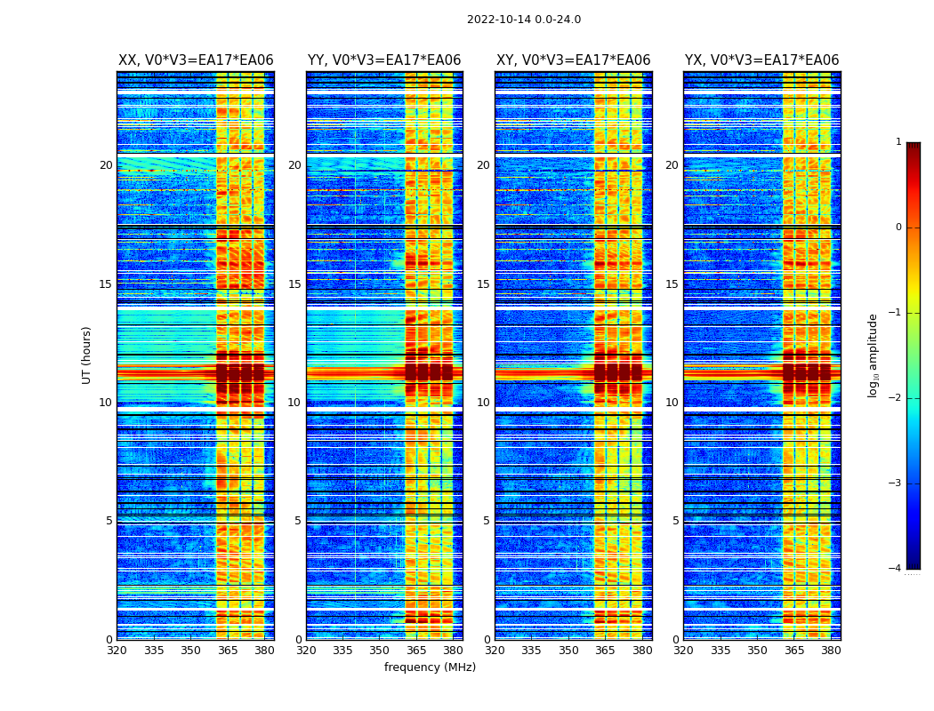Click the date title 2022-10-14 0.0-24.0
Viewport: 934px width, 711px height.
click(x=523, y=20)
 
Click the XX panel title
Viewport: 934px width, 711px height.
click(x=196, y=60)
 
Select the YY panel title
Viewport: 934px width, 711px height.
click(x=384, y=60)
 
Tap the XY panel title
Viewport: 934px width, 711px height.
click(x=573, y=60)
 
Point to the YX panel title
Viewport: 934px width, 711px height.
click(x=761, y=60)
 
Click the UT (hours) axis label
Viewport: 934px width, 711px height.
click(x=87, y=355)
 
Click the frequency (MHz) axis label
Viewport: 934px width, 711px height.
click(x=430, y=667)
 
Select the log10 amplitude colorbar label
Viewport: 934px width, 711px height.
click(x=873, y=355)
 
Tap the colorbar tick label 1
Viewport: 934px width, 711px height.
click(x=898, y=142)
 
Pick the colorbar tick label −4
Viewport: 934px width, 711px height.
click(x=896, y=569)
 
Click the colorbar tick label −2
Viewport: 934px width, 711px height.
click(x=896, y=398)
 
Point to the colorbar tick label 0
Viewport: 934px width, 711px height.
click(x=898, y=228)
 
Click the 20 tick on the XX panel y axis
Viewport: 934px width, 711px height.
click(x=106, y=165)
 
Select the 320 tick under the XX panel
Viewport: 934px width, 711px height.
click(x=117, y=651)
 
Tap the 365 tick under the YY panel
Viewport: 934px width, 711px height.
click(x=416, y=651)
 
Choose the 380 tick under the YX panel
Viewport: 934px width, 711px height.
click(x=831, y=651)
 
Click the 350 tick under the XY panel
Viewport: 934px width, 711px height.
click(x=568, y=651)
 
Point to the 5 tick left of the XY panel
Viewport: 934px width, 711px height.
click(x=487, y=521)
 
